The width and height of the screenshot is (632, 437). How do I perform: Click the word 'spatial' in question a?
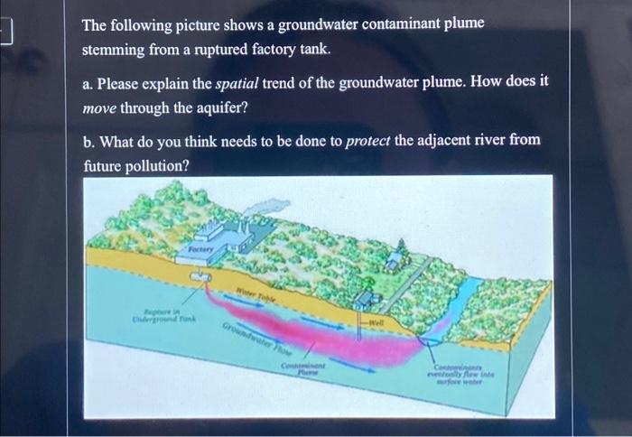pyautogui.click(x=237, y=83)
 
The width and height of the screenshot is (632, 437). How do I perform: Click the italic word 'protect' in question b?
pyautogui.click(x=369, y=141)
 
